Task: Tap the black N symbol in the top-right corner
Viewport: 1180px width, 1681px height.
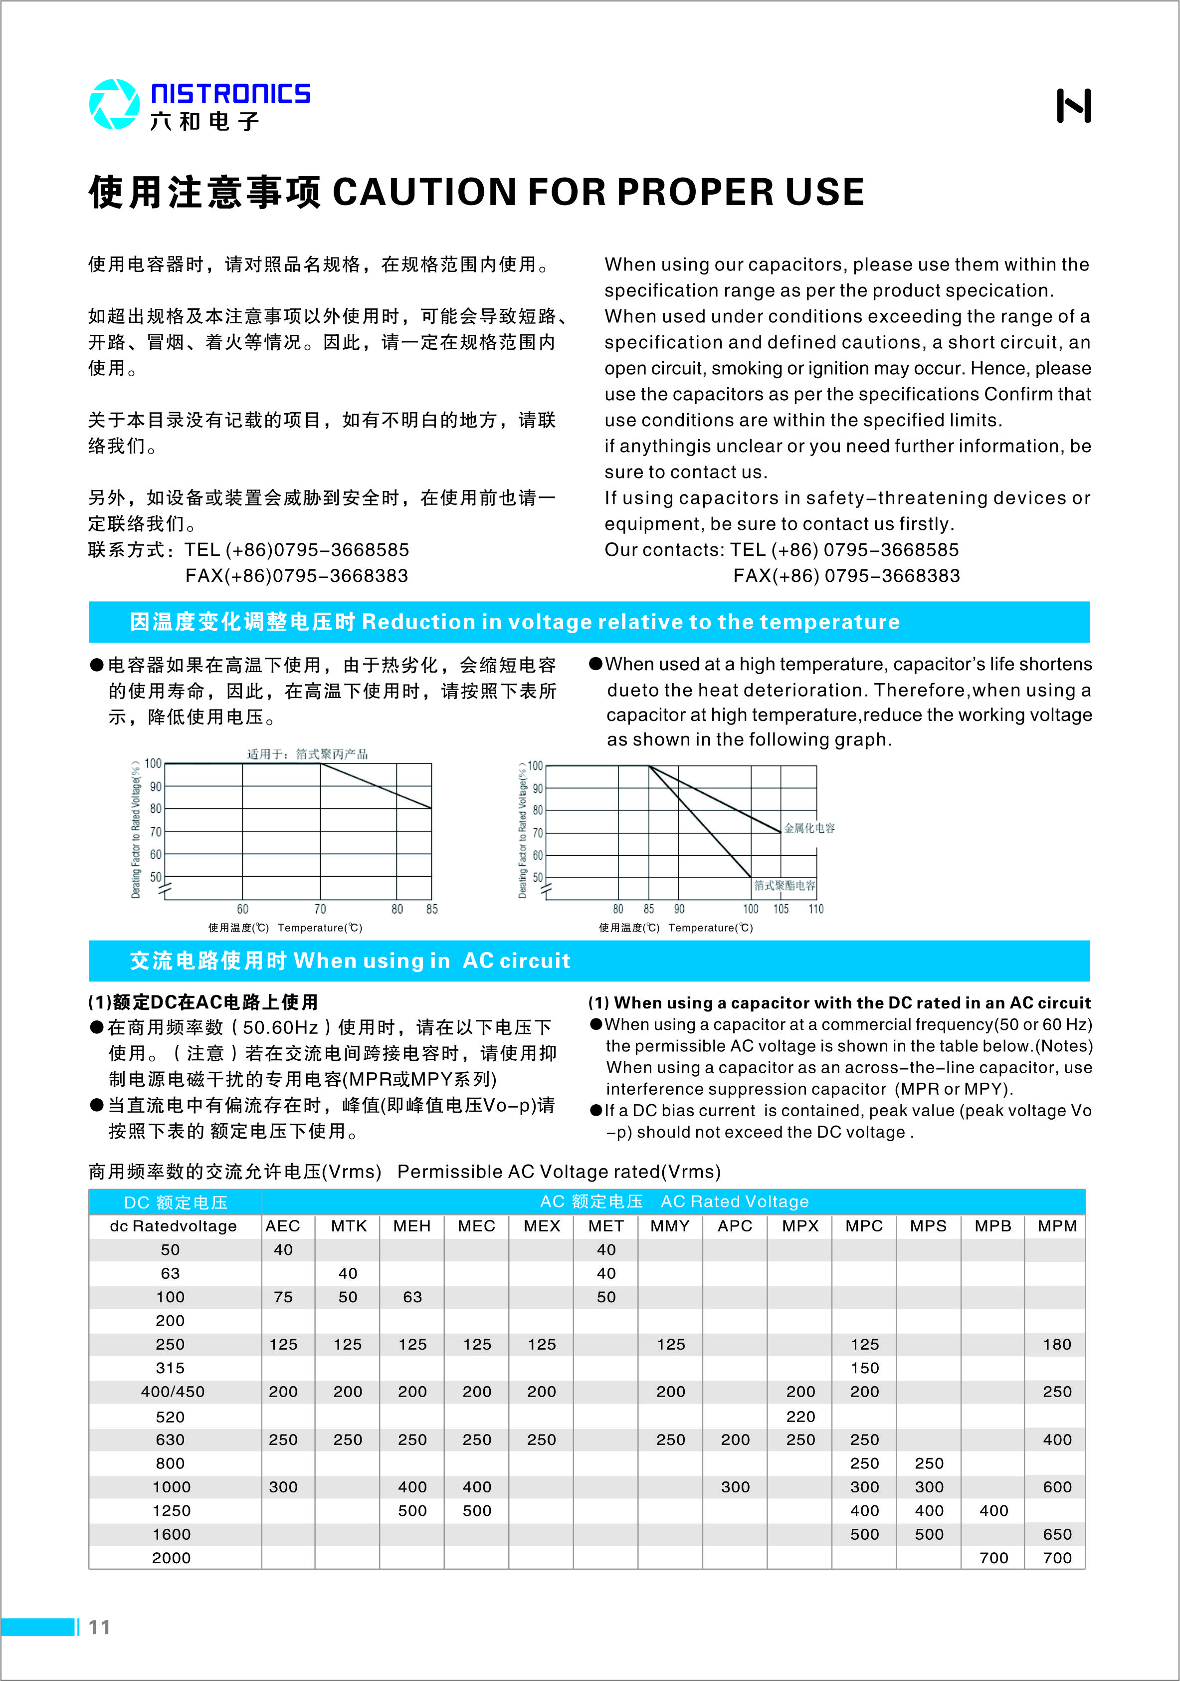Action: [x=1073, y=106]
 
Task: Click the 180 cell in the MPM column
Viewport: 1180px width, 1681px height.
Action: [x=1057, y=1344]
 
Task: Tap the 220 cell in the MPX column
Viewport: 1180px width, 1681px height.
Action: [x=800, y=1417]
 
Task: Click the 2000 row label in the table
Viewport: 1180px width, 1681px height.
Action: [x=171, y=1558]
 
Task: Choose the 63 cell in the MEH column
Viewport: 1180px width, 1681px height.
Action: [x=412, y=1297]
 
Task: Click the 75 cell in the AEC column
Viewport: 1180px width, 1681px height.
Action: [x=283, y=1297]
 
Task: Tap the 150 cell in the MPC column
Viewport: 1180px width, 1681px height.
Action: [x=864, y=1368]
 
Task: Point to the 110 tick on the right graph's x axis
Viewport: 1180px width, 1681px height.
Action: [x=815, y=909]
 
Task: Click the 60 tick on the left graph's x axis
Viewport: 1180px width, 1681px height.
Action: [x=242, y=909]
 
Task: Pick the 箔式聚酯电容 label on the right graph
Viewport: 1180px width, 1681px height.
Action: [x=785, y=885]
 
